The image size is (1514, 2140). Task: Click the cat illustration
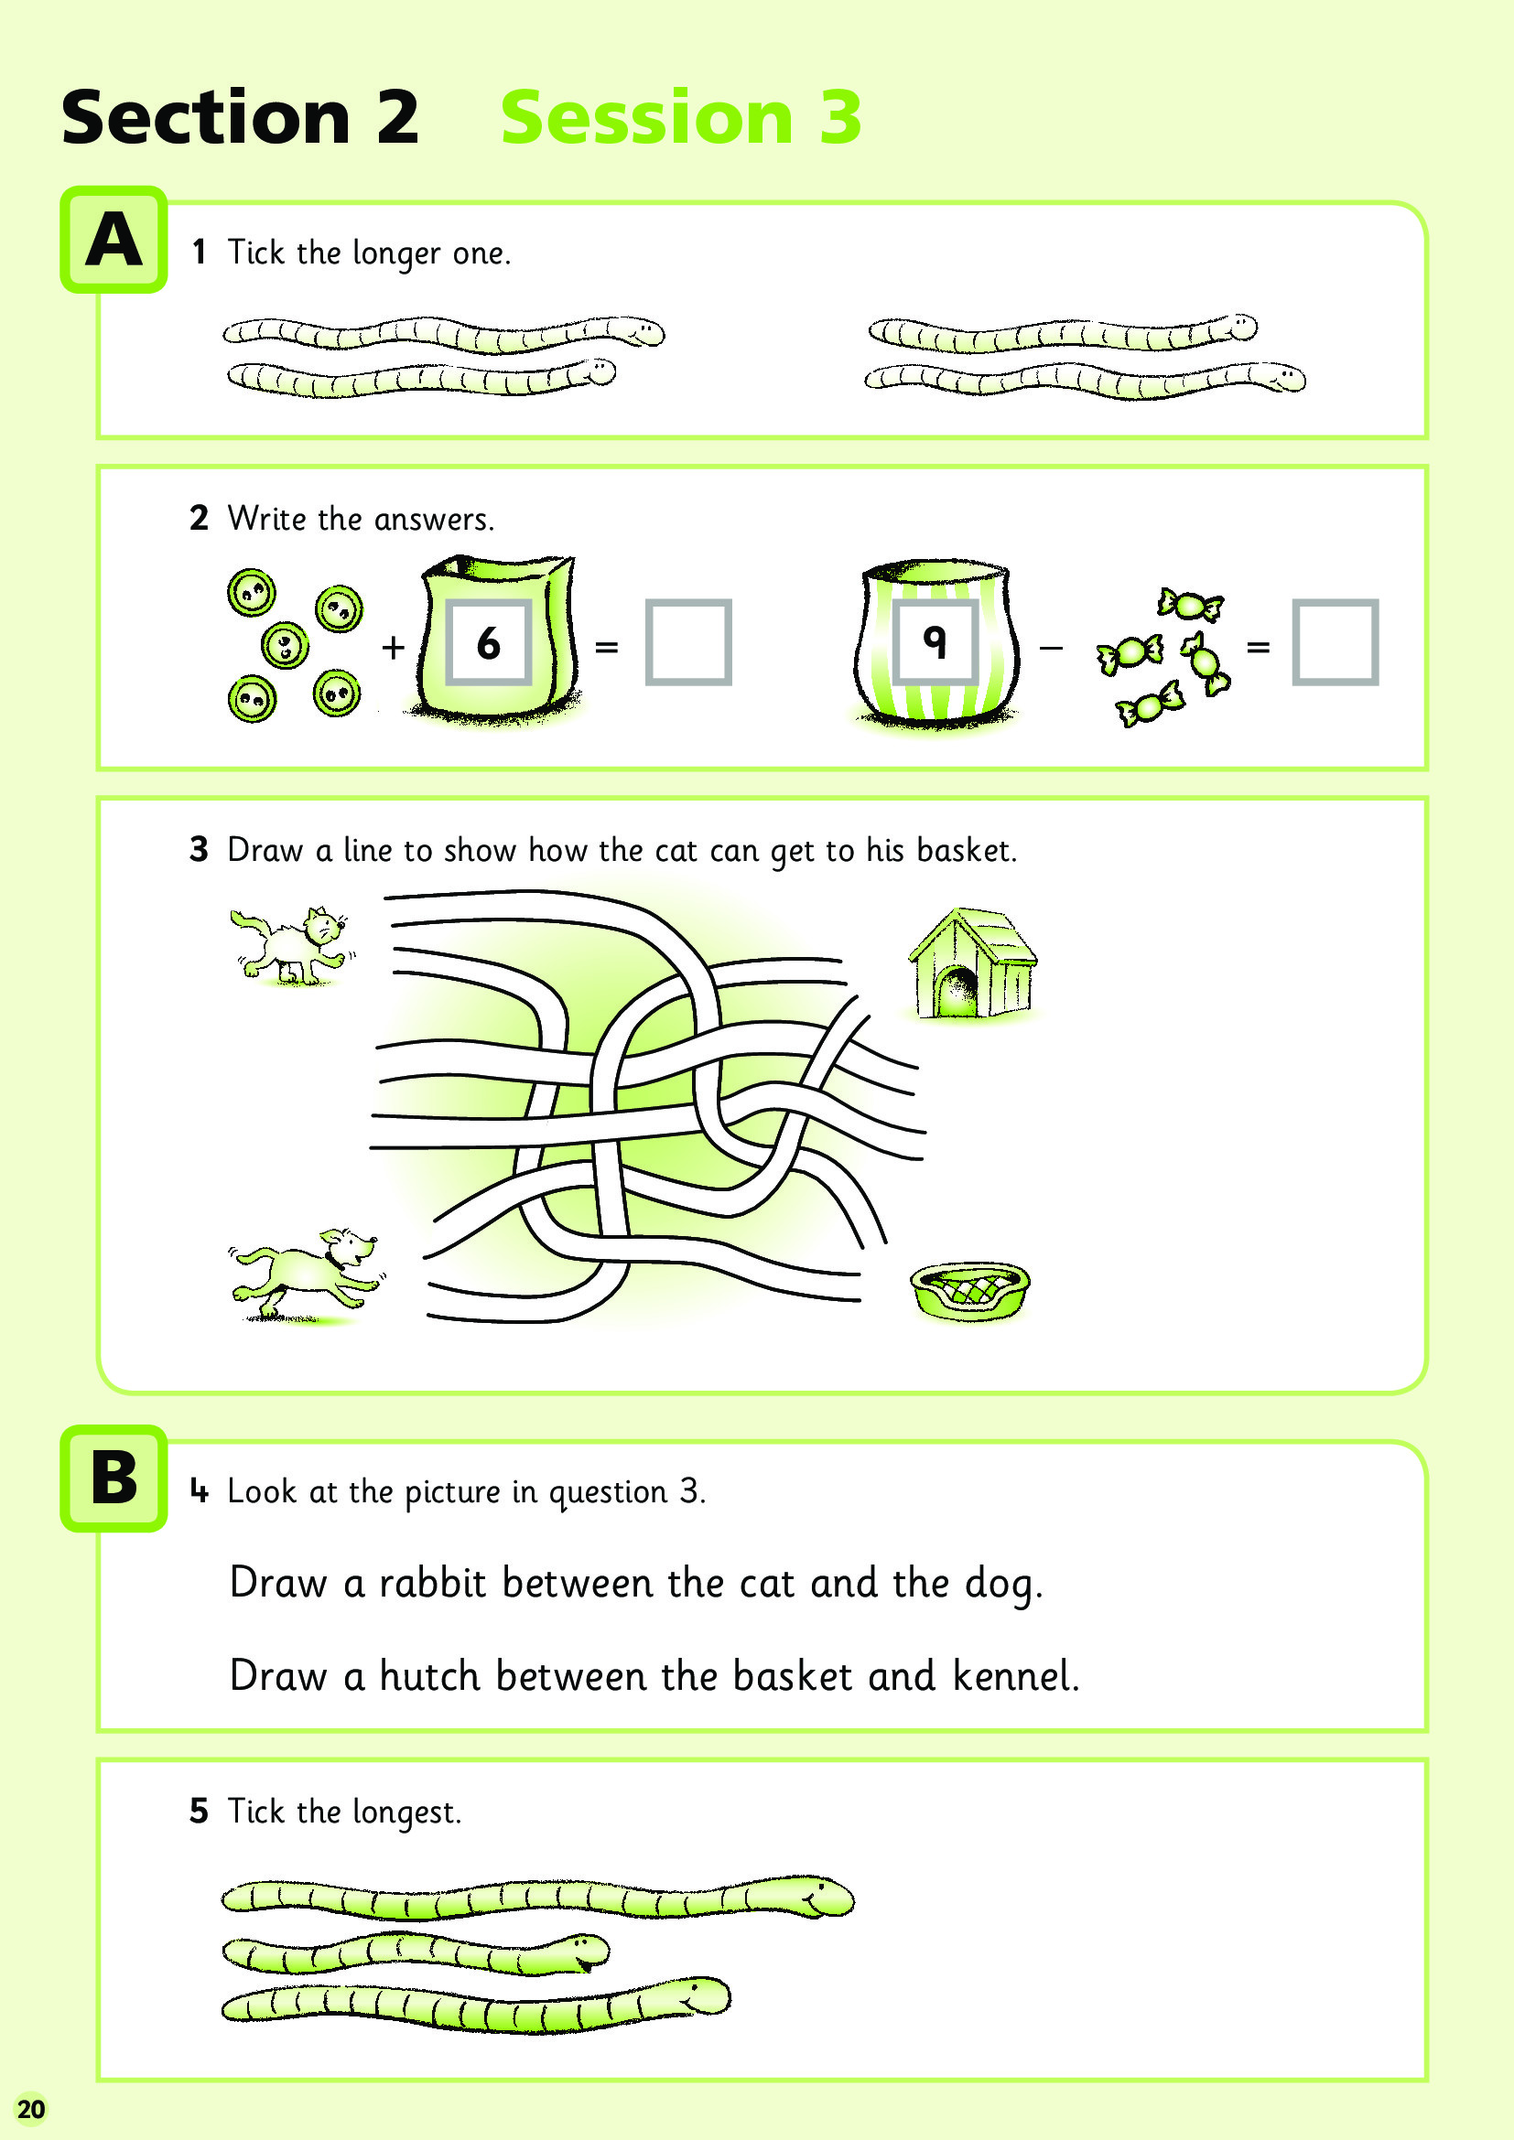tap(291, 944)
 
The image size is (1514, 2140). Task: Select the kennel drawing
tap(972, 962)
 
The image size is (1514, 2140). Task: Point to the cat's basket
tap(969, 1291)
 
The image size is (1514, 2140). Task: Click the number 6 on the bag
tap(489, 643)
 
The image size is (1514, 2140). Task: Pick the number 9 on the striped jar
tap(935, 640)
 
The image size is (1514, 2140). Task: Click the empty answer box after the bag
tap(688, 642)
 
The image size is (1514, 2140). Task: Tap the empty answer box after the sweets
tap(1335, 642)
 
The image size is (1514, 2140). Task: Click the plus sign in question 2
tap(394, 646)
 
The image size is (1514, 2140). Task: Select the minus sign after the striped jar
tap(1051, 647)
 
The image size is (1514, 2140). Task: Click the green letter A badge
tap(114, 240)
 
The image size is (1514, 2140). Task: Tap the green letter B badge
tap(114, 1479)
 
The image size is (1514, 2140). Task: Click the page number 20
tap(31, 2109)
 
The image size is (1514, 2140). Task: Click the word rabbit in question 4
tap(433, 1584)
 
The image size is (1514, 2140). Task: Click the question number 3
tap(199, 849)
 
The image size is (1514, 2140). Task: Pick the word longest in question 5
tap(406, 1812)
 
